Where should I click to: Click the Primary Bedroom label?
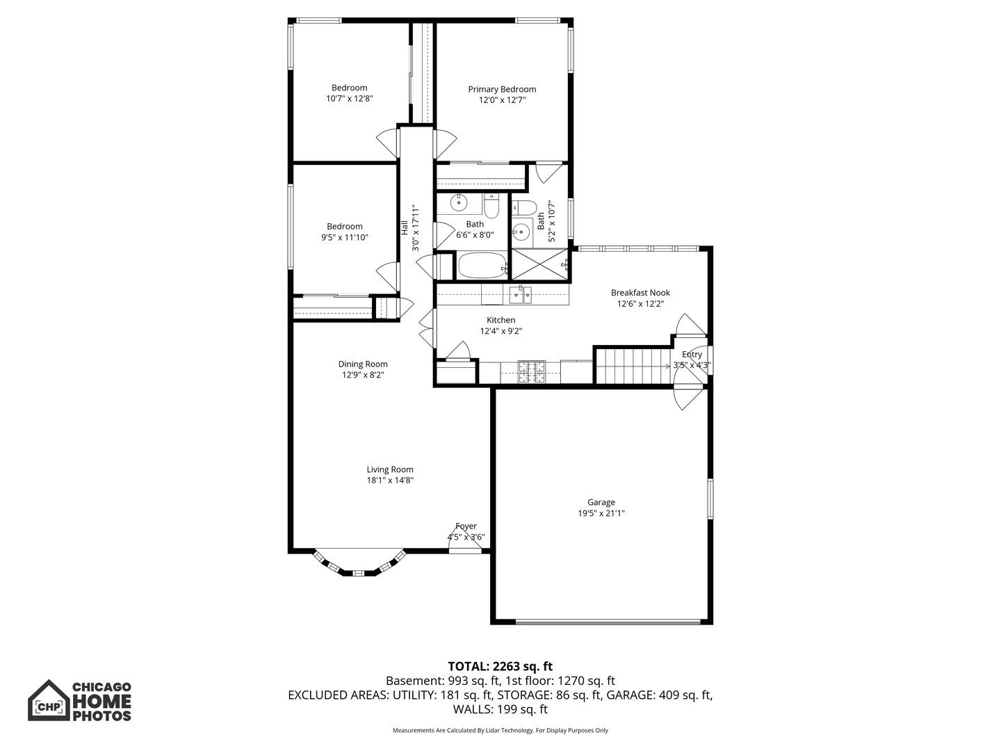502,89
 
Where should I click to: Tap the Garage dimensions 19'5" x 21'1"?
601,514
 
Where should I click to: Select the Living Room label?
390,469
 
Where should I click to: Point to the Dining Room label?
363,364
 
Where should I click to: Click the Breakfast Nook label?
640,293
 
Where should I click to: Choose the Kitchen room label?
500,320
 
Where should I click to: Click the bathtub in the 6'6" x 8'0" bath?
482,265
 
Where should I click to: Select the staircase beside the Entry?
632,366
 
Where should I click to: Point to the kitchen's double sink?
519,296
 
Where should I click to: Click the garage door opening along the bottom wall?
608,621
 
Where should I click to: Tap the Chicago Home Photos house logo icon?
49,700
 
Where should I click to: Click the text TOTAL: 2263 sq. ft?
500,666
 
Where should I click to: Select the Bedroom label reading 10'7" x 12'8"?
349,88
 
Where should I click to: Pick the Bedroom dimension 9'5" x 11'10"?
344,238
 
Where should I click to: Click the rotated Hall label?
405,227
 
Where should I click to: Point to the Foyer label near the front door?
466,526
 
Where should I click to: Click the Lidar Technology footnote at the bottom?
500,730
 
